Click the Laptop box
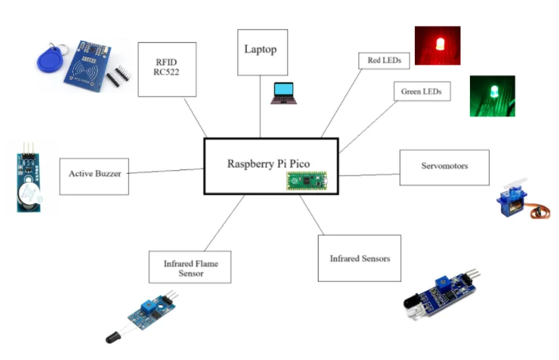point(262,51)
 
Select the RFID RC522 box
point(167,70)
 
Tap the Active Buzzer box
point(94,175)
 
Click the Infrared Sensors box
point(359,259)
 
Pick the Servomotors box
point(444,167)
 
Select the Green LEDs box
point(421,93)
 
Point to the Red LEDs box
point(384,60)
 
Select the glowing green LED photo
point(492,96)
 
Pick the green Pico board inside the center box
point(306,180)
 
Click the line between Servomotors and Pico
point(369,175)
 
